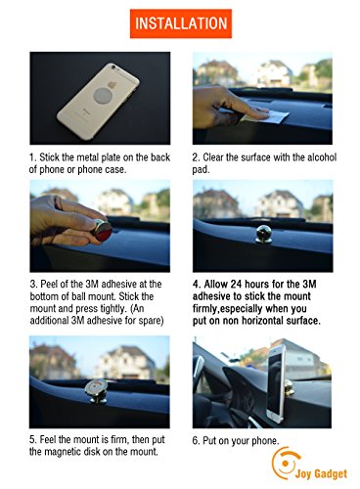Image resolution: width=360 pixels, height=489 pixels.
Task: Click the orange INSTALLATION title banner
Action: click(181, 23)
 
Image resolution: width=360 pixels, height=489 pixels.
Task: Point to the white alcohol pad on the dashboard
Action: click(269, 116)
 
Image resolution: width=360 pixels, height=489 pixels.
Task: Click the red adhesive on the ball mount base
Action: click(104, 231)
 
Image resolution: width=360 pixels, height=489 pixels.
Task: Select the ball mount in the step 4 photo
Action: click(263, 234)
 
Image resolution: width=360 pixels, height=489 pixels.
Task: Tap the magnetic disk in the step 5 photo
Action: click(96, 388)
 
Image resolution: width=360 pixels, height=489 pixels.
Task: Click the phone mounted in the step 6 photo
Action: click(276, 384)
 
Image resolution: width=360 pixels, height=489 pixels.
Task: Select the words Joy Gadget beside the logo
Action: click(321, 473)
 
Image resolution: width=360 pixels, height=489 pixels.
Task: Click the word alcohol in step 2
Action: click(322, 157)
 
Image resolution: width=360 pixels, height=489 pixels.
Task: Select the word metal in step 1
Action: click(88, 157)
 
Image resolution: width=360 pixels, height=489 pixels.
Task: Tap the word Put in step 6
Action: click(209, 440)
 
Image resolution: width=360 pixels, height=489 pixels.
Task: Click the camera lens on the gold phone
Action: click(113, 67)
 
